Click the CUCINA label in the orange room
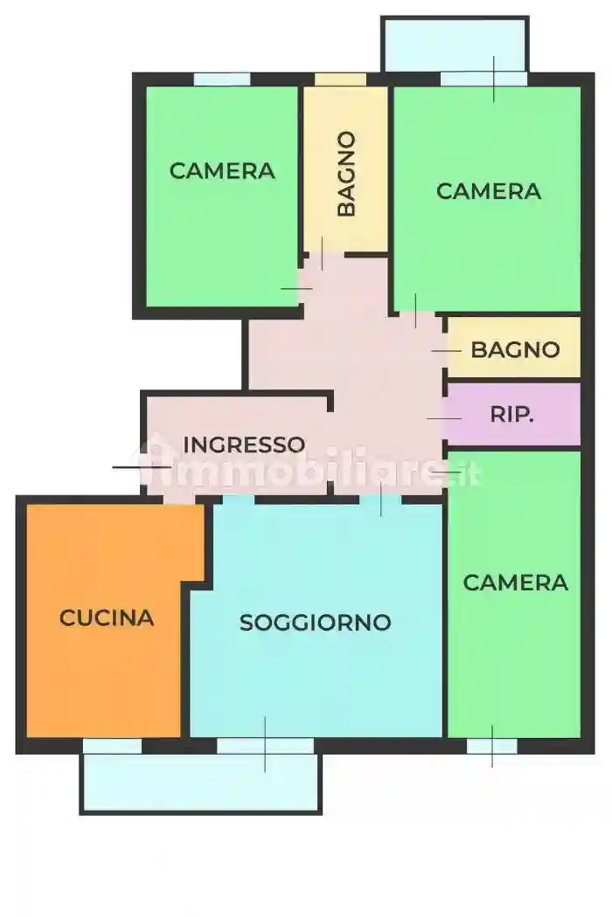(107, 617)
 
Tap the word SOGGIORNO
(315, 623)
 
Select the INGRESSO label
(244, 445)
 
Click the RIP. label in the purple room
(511, 415)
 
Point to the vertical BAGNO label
(346, 174)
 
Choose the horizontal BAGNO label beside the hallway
(515, 350)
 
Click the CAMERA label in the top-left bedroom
(222, 171)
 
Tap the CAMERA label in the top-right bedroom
(489, 191)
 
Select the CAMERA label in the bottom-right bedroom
(515, 583)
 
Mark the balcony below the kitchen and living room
(201, 782)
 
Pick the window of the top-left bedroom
(222, 79)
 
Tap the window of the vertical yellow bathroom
(340, 79)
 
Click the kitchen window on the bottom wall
(112, 746)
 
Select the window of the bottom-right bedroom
(491, 746)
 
